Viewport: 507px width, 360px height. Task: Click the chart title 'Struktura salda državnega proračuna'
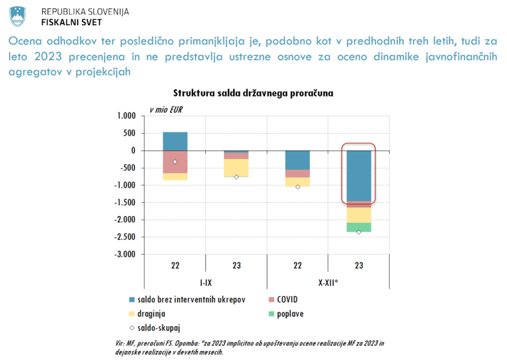pos(252,93)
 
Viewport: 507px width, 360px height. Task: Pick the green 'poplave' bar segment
pos(359,227)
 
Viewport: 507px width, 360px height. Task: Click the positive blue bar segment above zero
pos(175,141)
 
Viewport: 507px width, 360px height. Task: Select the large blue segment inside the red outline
pos(359,175)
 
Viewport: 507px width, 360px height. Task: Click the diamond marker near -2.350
pos(359,232)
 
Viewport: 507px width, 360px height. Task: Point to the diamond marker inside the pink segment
pos(175,162)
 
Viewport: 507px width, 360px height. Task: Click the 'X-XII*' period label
pos(328,282)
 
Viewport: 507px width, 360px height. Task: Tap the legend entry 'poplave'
pos(289,313)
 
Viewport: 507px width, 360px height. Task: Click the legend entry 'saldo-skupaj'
pos(156,327)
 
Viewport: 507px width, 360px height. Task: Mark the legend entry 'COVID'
pos(287,300)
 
